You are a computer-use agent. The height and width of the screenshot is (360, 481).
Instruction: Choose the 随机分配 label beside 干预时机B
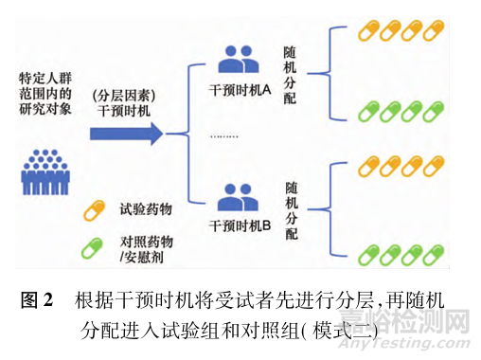tap(294, 206)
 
